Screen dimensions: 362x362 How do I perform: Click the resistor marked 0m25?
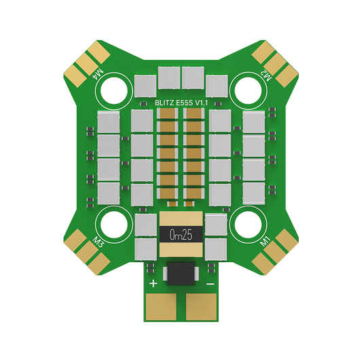(x=181, y=234)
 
